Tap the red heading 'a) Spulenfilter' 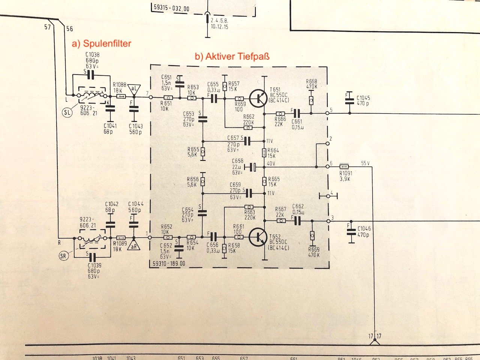102,43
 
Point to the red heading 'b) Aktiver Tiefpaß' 232,56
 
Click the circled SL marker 67,112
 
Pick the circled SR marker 64,256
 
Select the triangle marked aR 134,246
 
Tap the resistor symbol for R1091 344,166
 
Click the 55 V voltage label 365,163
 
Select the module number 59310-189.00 169,264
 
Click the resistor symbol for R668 311,100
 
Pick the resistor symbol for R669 312,235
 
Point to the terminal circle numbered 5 328,113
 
